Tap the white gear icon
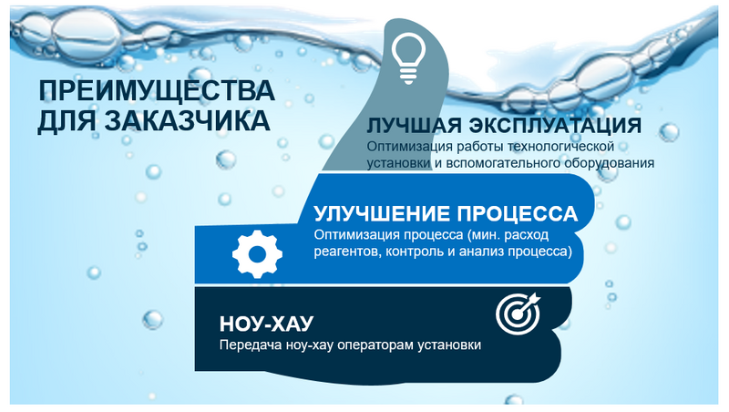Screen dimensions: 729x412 [257, 254]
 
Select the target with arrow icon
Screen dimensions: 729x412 [519, 314]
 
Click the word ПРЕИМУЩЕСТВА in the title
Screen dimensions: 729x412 [156, 90]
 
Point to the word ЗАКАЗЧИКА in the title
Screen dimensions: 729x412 [187, 121]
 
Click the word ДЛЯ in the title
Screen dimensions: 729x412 [67, 121]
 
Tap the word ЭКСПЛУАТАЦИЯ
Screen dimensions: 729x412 [555, 125]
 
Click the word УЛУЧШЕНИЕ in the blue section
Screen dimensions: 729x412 [382, 214]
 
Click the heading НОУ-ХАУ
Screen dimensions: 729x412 [266, 324]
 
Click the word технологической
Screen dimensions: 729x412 [560, 146]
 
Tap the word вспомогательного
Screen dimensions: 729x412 [504, 163]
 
